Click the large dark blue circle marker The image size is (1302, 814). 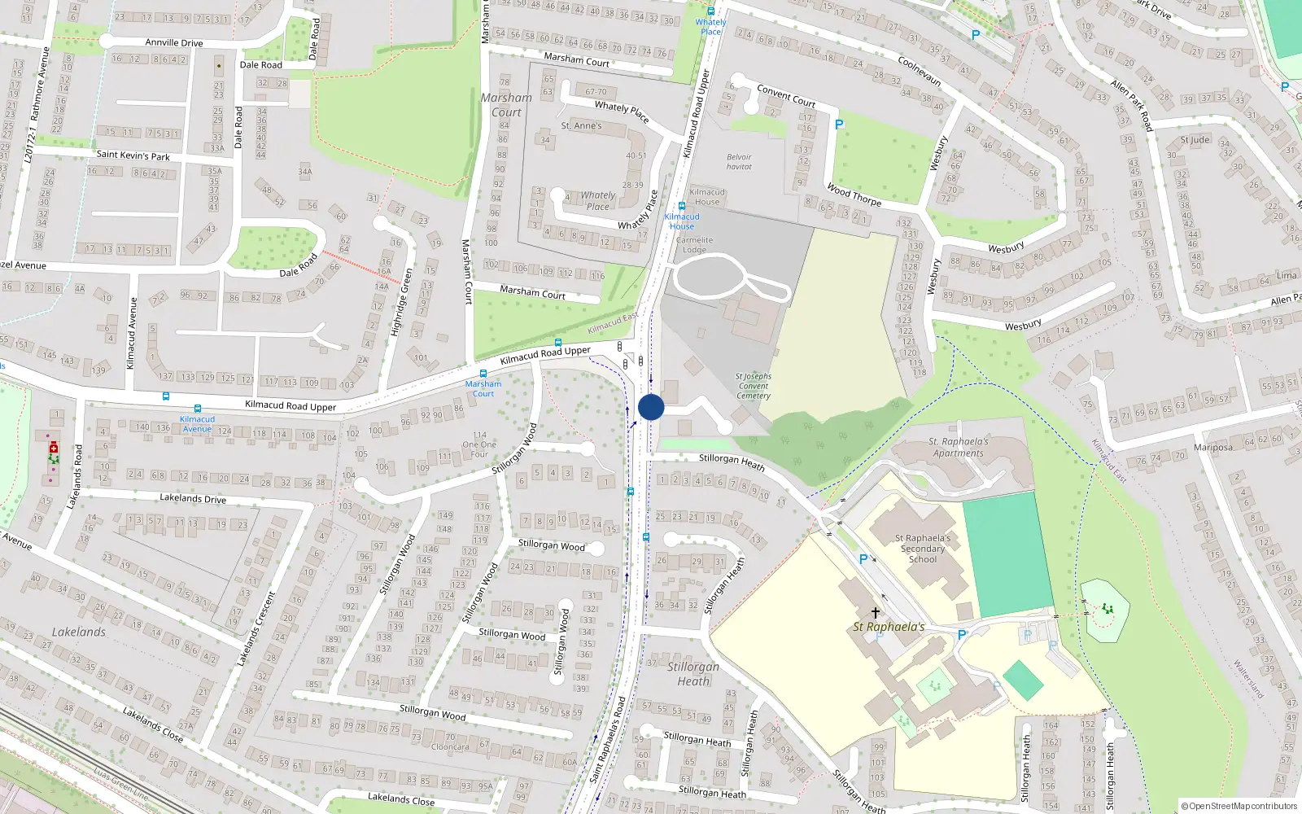pos(651,407)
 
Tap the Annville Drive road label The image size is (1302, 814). pos(173,42)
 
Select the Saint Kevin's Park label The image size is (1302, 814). pos(133,155)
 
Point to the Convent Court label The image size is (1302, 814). pos(785,96)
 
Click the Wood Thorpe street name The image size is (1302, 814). pos(854,195)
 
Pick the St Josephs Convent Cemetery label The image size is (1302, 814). pos(754,386)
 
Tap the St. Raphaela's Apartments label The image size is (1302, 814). pos(959,448)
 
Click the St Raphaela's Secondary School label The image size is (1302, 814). pos(923,549)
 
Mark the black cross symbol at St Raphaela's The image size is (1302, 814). pos(876,612)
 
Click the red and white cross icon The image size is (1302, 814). pos(54,449)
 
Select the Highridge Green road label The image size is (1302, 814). pos(402,302)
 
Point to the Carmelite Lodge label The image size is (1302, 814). pos(694,245)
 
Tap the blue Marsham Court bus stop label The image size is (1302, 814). pos(483,388)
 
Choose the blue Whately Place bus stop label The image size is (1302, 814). pos(710,27)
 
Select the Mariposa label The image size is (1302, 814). pos(1212,448)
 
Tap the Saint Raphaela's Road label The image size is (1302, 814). pos(608,739)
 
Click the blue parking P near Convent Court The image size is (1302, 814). pos(839,125)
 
